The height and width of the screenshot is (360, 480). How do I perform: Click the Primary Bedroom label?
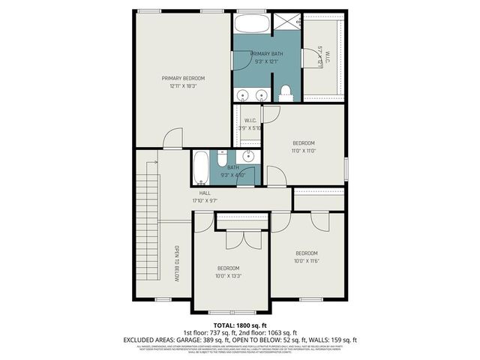[x=183, y=78]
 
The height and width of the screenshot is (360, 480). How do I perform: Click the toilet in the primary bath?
[x=285, y=93]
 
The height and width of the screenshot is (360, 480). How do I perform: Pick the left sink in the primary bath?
[x=243, y=95]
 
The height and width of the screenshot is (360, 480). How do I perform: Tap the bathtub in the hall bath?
[x=201, y=169]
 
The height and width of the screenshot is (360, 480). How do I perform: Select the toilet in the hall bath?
[x=223, y=158]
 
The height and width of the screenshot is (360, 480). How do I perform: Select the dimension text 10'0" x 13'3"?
[x=228, y=276]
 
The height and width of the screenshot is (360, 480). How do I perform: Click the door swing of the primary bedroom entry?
[x=174, y=138]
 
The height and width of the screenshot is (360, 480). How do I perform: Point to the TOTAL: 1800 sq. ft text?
[x=240, y=324]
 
